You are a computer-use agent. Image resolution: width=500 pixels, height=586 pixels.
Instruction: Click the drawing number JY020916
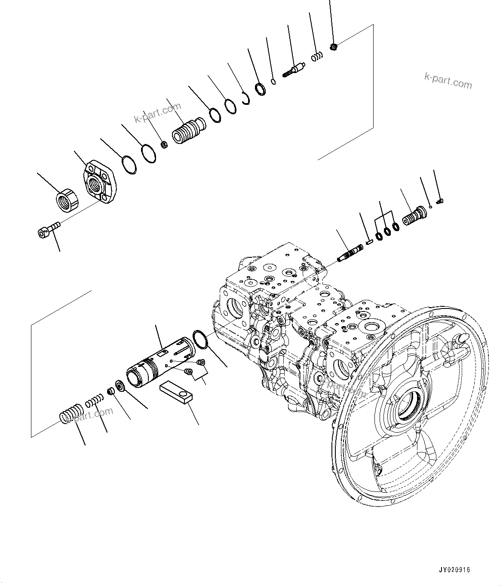(454, 570)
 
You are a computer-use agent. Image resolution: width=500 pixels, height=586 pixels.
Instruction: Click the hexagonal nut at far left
(67, 201)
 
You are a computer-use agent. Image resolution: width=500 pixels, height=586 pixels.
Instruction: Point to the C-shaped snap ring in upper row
(246, 98)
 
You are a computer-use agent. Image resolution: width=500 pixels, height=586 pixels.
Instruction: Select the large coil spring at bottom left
(70, 413)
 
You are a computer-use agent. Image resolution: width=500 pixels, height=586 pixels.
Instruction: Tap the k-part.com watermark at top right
(448, 80)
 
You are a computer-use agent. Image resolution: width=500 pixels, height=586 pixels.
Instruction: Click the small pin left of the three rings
(369, 242)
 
